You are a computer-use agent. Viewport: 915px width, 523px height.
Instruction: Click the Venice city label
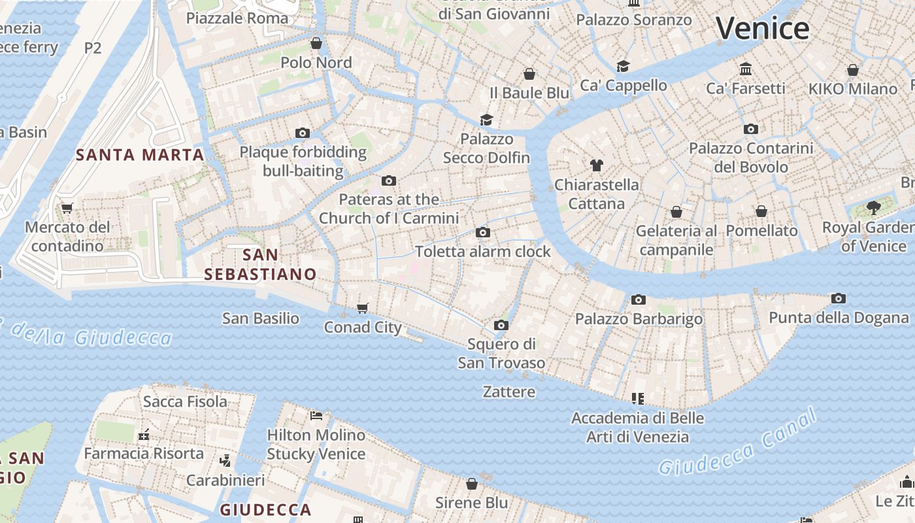tap(762, 29)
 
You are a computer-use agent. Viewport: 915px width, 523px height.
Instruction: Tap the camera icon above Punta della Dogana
tap(839, 299)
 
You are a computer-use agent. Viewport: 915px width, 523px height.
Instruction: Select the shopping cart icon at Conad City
tap(362, 308)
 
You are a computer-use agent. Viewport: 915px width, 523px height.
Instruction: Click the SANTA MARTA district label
tap(140, 155)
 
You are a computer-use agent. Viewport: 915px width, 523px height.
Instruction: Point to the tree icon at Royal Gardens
tap(873, 209)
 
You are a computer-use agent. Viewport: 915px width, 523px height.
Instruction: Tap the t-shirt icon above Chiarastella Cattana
tap(596, 165)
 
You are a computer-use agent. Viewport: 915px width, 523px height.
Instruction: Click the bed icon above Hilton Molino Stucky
tap(316, 415)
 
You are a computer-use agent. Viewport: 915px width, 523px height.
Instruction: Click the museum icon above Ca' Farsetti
tap(746, 69)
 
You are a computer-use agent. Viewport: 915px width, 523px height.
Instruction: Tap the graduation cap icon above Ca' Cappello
tap(623, 66)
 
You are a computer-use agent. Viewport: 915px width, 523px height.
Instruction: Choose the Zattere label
tap(509, 392)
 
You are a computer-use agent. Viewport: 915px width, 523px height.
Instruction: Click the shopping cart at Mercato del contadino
tap(67, 209)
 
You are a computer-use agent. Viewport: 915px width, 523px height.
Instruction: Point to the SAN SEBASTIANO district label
tap(260, 264)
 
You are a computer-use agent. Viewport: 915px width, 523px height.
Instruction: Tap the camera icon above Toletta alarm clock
tap(483, 233)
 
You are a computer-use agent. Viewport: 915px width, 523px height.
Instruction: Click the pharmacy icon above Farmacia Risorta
tap(144, 434)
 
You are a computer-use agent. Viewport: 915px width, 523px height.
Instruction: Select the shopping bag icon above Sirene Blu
tap(472, 484)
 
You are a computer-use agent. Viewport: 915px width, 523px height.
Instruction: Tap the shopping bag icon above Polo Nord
tap(316, 44)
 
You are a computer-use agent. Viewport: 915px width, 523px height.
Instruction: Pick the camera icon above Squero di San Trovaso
tap(501, 325)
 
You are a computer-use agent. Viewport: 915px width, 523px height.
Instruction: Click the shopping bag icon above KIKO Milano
tap(852, 70)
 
